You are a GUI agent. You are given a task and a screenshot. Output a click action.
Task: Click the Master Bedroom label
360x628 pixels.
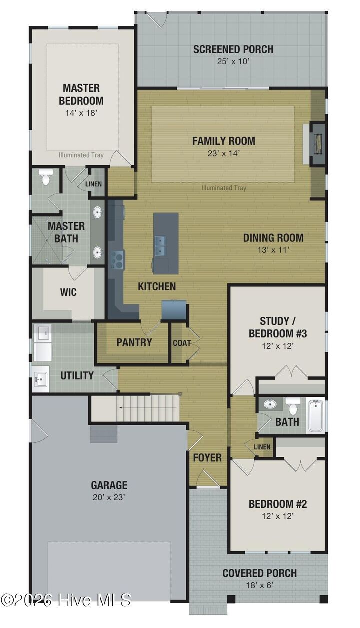(x=81, y=94)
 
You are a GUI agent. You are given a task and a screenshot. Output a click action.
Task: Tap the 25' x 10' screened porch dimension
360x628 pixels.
(x=233, y=62)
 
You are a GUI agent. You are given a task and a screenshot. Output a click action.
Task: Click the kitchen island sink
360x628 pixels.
(x=160, y=245)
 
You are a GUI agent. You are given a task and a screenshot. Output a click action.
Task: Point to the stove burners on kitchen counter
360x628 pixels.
(x=117, y=259)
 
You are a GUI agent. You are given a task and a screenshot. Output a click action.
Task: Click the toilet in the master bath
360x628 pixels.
(x=46, y=177)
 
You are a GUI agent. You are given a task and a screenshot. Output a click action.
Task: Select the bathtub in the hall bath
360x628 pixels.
(x=316, y=414)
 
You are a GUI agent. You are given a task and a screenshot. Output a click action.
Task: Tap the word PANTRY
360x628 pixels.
(x=134, y=342)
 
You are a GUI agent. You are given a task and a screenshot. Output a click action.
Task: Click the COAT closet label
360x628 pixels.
(x=182, y=343)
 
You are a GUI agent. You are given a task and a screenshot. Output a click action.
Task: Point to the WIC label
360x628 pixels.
(x=68, y=292)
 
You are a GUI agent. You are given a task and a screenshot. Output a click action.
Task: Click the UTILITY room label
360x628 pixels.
(x=77, y=375)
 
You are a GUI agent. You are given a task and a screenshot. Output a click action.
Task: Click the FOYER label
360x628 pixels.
(x=207, y=457)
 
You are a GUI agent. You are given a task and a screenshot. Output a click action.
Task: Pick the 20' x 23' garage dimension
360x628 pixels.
(x=109, y=497)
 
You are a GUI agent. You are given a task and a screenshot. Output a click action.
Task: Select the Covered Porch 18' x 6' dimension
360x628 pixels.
(x=259, y=585)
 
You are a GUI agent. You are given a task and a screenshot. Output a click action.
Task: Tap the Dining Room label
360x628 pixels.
(x=273, y=238)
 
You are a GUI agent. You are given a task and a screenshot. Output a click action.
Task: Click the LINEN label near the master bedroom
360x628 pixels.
(x=93, y=184)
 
